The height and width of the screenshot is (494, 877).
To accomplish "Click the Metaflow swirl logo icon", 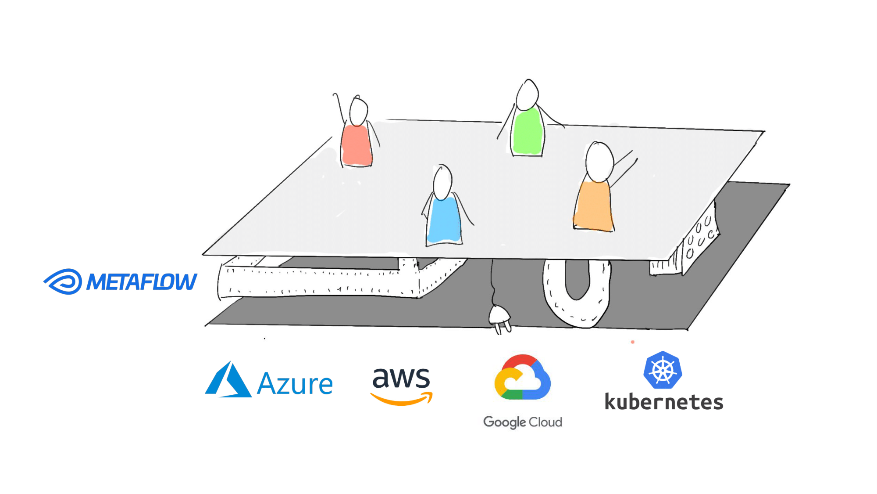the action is point(63,281).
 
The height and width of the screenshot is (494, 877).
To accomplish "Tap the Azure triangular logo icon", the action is point(228,379).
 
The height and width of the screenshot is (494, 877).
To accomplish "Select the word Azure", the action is point(295,384).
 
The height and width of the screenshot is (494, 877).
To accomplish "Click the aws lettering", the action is point(401,378).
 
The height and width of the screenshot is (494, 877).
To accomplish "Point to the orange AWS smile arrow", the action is point(402,399).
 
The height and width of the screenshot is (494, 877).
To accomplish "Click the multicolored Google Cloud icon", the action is point(522,377).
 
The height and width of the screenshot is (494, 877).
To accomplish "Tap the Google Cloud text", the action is point(523,422).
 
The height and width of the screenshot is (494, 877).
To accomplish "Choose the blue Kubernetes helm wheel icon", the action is point(663,370).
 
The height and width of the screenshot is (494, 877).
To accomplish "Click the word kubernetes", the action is point(664,402).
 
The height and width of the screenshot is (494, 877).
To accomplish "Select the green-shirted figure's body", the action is point(528,131).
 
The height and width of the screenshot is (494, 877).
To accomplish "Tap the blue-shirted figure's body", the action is point(444,220).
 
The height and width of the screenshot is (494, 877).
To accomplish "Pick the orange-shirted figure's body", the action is point(593,206).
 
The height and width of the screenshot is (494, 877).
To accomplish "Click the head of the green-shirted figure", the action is point(528,94).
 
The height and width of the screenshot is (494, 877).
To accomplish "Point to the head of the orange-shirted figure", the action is point(599,162).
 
